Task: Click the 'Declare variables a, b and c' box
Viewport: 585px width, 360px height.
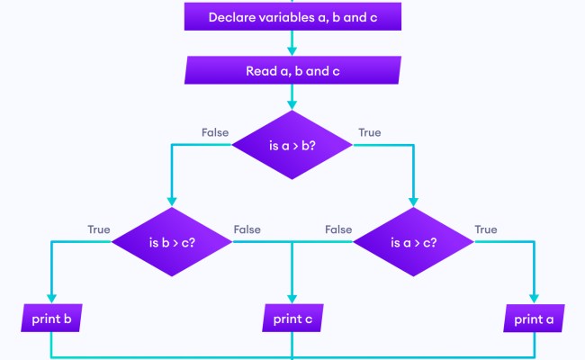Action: pyautogui.click(x=292, y=16)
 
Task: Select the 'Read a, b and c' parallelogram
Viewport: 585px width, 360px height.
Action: pyautogui.click(x=292, y=70)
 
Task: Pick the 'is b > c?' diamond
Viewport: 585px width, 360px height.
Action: pyautogui.click(x=172, y=241)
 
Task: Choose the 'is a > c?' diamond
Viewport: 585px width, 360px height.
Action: pyautogui.click(x=413, y=241)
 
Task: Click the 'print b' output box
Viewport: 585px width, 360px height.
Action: pyautogui.click(x=50, y=318)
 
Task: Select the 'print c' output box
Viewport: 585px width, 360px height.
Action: pyautogui.click(x=292, y=318)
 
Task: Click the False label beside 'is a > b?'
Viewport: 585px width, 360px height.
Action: pyautogui.click(x=215, y=132)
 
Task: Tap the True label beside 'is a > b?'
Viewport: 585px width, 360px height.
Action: pyautogui.click(x=369, y=132)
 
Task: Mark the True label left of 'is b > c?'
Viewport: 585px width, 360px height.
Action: pyautogui.click(x=98, y=229)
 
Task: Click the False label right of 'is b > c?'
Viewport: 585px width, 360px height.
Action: pyautogui.click(x=247, y=229)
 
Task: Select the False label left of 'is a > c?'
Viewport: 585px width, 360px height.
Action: pyautogui.click(x=338, y=229)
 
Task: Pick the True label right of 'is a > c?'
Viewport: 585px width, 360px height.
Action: pyautogui.click(x=485, y=229)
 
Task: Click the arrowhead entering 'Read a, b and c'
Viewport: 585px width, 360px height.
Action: pyautogui.click(x=292, y=51)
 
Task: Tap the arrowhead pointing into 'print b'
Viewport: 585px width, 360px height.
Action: pyautogui.click(x=50, y=300)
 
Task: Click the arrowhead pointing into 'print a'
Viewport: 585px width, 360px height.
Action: pyautogui.click(x=535, y=300)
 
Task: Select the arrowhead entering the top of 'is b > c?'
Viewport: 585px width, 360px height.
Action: pyautogui.click(x=172, y=202)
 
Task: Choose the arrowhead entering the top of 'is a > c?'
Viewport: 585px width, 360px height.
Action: pyautogui.click(x=413, y=202)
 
